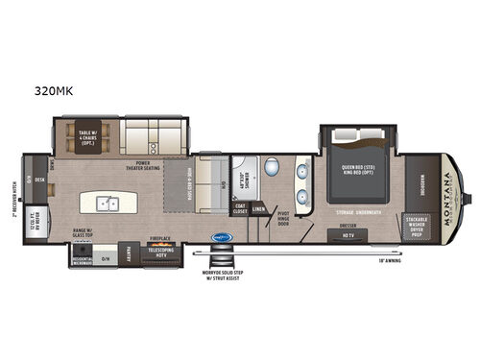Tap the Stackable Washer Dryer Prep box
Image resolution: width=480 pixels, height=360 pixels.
(x=420, y=226)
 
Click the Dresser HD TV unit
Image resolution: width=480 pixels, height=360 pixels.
(x=348, y=231)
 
